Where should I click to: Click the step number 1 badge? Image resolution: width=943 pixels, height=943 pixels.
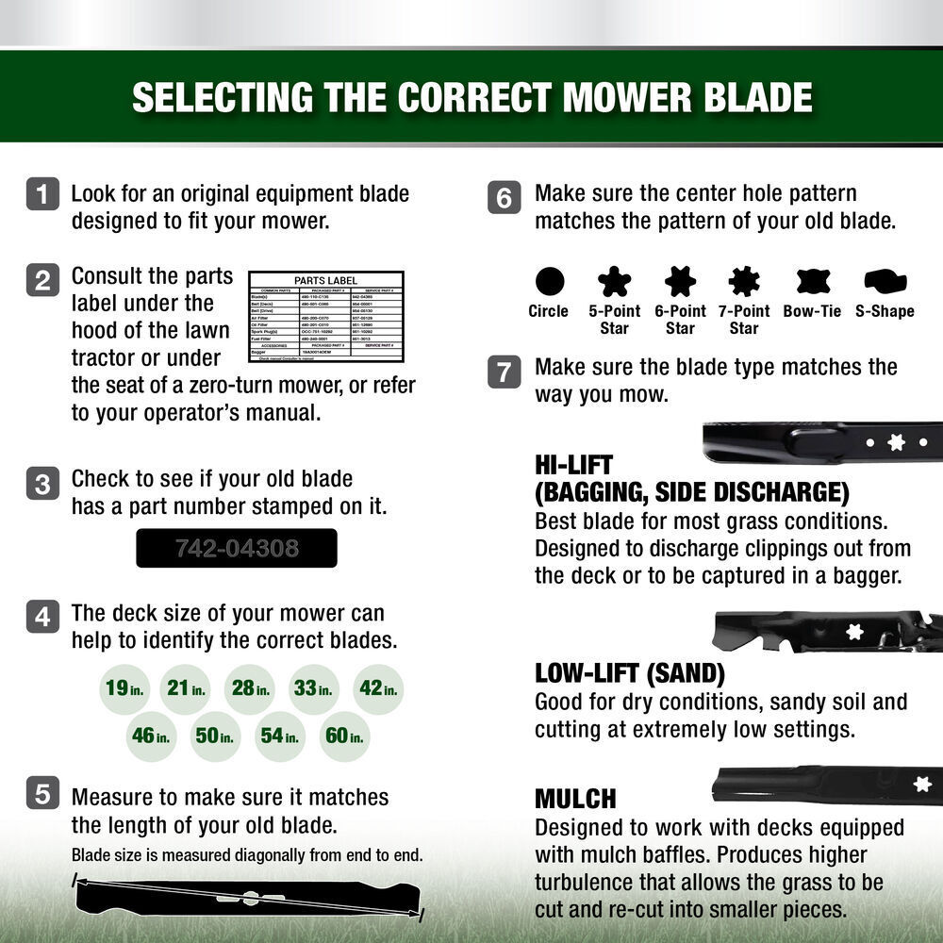pos(42,194)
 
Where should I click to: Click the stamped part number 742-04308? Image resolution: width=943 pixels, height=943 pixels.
pos(236,548)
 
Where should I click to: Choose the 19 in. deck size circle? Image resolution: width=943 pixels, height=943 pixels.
pos(124,688)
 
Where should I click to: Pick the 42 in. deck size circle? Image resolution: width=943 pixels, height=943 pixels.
pos(377,688)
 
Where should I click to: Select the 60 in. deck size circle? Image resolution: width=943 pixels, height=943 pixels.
pos(343,736)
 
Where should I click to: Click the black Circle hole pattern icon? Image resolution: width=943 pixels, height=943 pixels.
pos(549,281)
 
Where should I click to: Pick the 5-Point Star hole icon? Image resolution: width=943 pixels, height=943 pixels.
pos(614,281)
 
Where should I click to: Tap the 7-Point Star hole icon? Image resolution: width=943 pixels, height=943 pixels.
pos(743,281)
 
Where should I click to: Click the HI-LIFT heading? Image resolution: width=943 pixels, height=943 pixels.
pos(573,465)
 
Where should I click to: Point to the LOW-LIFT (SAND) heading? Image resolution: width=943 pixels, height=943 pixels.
pos(629,673)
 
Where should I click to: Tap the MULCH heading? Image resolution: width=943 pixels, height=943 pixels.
pos(575,799)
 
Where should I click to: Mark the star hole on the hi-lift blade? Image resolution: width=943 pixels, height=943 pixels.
pos(896,442)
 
